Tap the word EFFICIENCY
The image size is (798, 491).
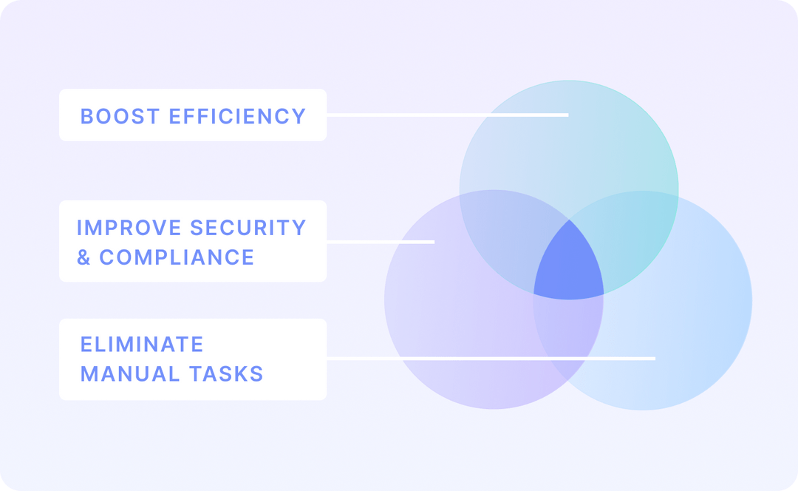coord(237,116)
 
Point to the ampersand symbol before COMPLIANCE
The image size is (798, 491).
coord(84,257)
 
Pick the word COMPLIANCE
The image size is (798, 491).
coord(177,257)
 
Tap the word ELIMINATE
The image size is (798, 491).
coord(142,345)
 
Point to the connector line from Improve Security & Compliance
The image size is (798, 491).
coord(380,242)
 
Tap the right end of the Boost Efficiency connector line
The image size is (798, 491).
coord(567,115)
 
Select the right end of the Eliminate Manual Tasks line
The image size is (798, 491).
coord(653,359)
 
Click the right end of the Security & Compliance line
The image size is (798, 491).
coord(433,242)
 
